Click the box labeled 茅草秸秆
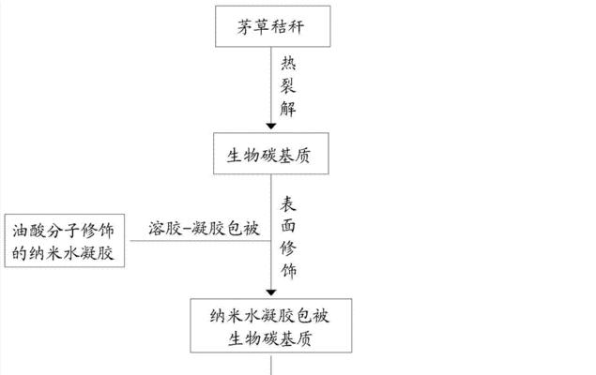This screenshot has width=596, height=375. pyautogui.click(x=272, y=26)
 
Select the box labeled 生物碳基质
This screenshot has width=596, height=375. pyautogui.click(x=271, y=154)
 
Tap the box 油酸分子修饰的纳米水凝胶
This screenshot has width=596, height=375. pyautogui.click(x=65, y=241)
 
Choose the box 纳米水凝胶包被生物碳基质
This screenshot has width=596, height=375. pyautogui.click(x=271, y=325)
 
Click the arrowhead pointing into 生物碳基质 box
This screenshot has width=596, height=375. pyautogui.click(x=271, y=126)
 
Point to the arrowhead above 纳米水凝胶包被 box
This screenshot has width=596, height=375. pyautogui.click(x=271, y=292)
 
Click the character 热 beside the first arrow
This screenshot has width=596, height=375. pyautogui.click(x=288, y=64)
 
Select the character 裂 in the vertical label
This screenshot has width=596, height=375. pyautogui.click(x=288, y=85)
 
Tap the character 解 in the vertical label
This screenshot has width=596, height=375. pyautogui.click(x=288, y=108)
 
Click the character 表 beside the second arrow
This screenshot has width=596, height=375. pyautogui.click(x=288, y=203)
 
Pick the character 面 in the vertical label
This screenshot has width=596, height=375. pyautogui.click(x=288, y=226)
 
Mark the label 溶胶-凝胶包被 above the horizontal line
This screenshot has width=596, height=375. pyautogui.click(x=204, y=228)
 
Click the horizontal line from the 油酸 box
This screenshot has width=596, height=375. pyautogui.click(x=201, y=241)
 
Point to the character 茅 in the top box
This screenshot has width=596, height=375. pyautogui.click(x=246, y=27)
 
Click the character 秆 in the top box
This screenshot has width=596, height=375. pyautogui.click(x=296, y=27)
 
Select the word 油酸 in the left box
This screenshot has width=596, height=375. pyautogui.click(x=29, y=231)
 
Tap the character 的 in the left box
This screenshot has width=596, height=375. pyautogui.click(x=19, y=253)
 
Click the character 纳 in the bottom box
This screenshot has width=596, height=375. pyautogui.click(x=218, y=315)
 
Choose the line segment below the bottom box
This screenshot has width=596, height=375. pyautogui.click(x=271, y=365)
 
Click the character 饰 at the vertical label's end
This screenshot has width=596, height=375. pyautogui.click(x=288, y=271)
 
